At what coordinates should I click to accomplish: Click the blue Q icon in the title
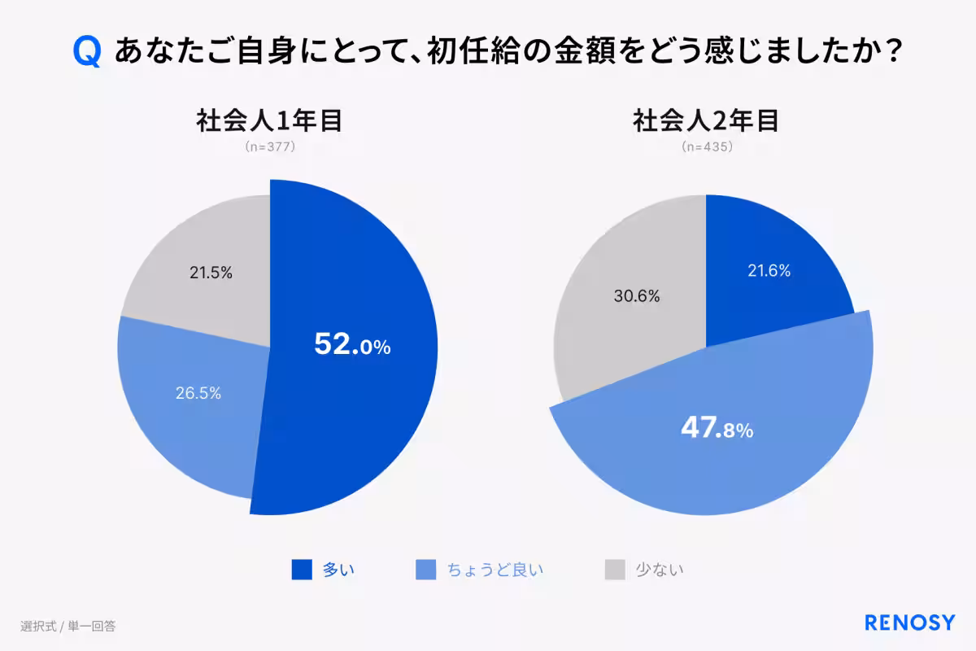pyautogui.click(x=87, y=51)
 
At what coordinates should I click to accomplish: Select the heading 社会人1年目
pyautogui.click(x=269, y=120)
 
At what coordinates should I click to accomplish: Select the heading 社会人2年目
pyautogui.click(x=706, y=120)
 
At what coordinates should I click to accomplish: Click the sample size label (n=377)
pyautogui.click(x=269, y=147)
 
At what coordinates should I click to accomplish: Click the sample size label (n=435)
pyautogui.click(x=707, y=147)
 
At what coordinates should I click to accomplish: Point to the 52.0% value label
pyautogui.click(x=352, y=345)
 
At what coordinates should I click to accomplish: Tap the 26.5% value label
pyautogui.click(x=198, y=393)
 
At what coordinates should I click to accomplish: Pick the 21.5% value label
pyautogui.click(x=211, y=273)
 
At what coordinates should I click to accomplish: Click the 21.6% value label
pyautogui.click(x=769, y=272)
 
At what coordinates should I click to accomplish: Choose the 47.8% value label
pyautogui.click(x=717, y=429)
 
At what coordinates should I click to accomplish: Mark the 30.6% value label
pyautogui.click(x=637, y=296)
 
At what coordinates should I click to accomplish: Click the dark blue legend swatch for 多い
pyautogui.click(x=302, y=570)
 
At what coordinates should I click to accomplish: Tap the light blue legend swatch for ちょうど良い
pyautogui.click(x=426, y=570)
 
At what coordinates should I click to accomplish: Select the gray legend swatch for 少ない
pyautogui.click(x=615, y=570)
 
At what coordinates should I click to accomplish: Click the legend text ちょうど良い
pyautogui.click(x=495, y=570)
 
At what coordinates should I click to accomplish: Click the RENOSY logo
pyautogui.click(x=909, y=623)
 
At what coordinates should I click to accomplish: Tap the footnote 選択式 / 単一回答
pyautogui.click(x=68, y=626)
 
